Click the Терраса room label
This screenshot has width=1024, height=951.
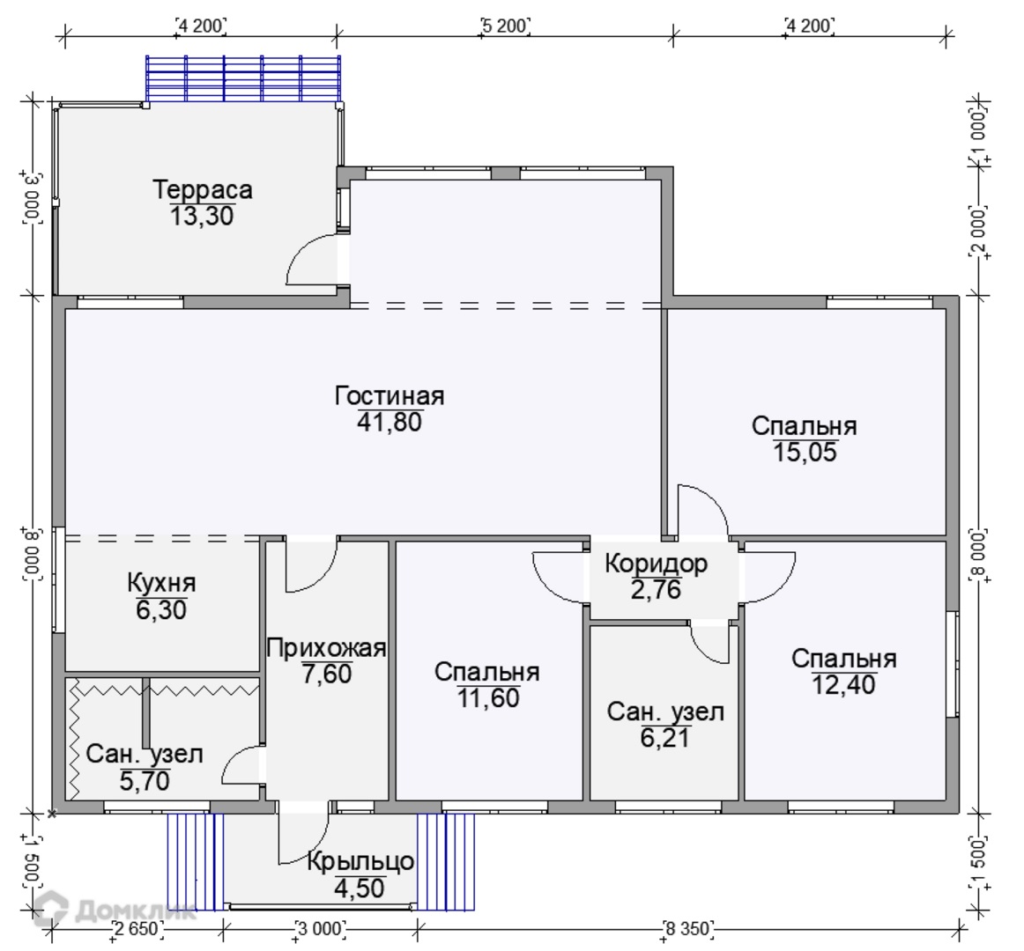pyautogui.click(x=203, y=190)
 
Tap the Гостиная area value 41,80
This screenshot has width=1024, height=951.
pyautogui.click(x=390, y=423)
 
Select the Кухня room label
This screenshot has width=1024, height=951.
pyautogui.click(x=161, y=583)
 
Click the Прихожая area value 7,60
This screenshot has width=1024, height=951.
pyautogui.click(x=327, y=674)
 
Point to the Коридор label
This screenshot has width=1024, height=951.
pyautogui.click(x=656, y=564)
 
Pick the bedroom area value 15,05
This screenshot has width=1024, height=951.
pyautogui.click(x=805, y=453)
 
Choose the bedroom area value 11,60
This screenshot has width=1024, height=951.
pyautogui.click(x=488, y=698)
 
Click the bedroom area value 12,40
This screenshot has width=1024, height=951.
pyautogui.click(x=843, y=685)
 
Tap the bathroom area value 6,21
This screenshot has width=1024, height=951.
pyautogui.click(x=664, y=738)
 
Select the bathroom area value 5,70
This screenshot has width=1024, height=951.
pyautogui.click(x=145, y=781)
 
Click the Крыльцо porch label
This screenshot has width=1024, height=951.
pyautogui.click(x=360, y=862)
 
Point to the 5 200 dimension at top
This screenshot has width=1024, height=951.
pyautogui.click(x=505, y=26)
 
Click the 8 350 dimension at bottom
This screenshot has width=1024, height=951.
pyautogui.click(x=688, y=928)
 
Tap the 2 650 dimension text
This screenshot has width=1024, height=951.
pyautogui.click(x=137, y=928)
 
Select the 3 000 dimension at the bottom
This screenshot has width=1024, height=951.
pyautogui.click(x=320, y=928)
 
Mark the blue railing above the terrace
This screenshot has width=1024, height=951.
pyautogui.click(x=243, y=78)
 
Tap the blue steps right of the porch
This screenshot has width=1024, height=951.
pyautogui.click(x=446, y=861)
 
